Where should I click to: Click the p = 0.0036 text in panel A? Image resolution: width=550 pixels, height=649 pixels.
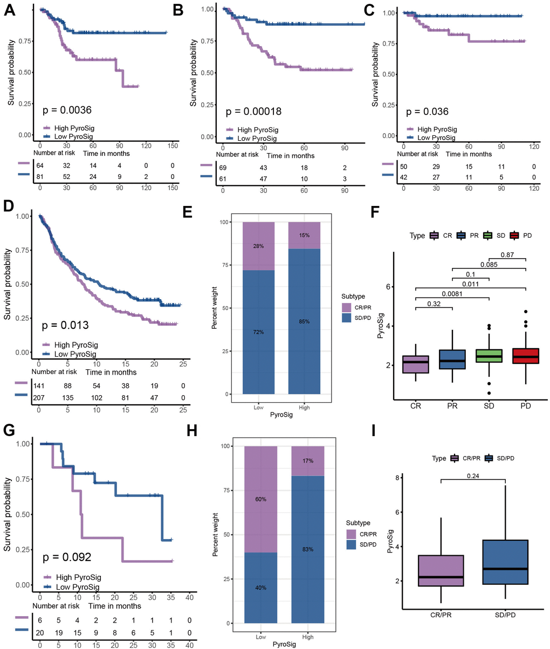coord(67,111)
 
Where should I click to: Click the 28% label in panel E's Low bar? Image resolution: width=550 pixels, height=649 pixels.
coord(259,246)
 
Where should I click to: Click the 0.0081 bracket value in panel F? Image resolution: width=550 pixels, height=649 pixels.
coord(452,294)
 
